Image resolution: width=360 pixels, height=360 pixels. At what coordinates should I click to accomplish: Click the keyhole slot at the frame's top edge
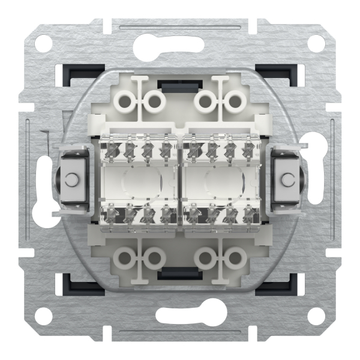coord(180,44)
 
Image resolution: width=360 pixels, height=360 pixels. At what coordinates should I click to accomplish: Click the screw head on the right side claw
coord(287,179)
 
